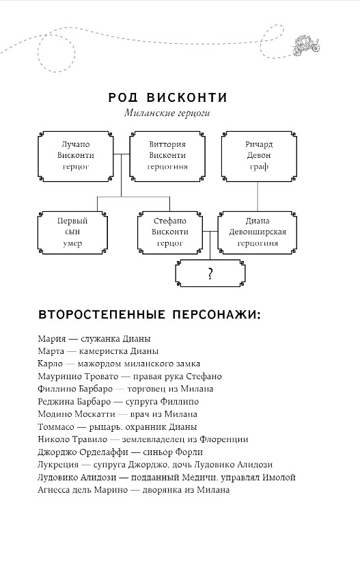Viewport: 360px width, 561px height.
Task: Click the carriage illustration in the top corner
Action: click(x=306, y=45)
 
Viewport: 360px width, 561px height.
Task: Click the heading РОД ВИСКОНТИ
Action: click(x=168, y=97)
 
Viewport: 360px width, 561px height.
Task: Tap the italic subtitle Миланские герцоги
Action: click(x=167, y=113)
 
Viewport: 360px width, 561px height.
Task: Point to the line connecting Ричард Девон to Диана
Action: click(x=258, y=196)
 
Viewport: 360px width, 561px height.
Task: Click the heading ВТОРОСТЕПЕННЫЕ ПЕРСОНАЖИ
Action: click(x=150, y=314)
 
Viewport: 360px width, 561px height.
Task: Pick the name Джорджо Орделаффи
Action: click(x=83, y=452)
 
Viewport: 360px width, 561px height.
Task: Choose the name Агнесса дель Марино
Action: click(x=82, y=490)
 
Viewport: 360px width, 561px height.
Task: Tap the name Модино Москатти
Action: click(x=77, y=414)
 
